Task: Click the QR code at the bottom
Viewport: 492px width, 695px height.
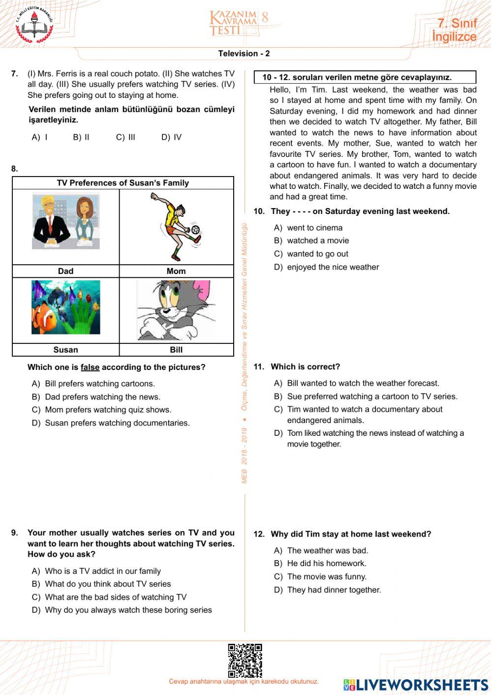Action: [245, 660]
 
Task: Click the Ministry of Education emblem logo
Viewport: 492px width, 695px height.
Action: [34, 25]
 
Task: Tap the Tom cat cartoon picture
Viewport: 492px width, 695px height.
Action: [176, 310]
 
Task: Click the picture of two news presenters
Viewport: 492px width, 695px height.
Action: [66, 222]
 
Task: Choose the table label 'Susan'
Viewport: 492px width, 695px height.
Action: [65, 350]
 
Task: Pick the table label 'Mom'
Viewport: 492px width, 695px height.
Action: [176, 271]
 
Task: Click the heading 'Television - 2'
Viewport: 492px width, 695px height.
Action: [244, 54]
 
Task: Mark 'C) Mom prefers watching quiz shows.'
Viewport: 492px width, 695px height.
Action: [108, 410]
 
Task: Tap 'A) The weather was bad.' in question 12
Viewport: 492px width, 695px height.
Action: [327, 550]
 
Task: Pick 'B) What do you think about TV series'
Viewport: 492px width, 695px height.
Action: [107, 584]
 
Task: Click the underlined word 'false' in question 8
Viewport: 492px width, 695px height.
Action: [90, 367]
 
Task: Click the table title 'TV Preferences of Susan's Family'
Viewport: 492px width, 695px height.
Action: [123, 183]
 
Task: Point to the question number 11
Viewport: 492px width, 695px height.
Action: [259, 367]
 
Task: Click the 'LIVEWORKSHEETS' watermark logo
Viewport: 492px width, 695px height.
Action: [416, 685]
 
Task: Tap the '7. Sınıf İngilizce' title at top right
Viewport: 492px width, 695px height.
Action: [454, 30]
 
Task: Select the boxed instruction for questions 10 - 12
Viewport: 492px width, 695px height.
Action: [365, 77]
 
